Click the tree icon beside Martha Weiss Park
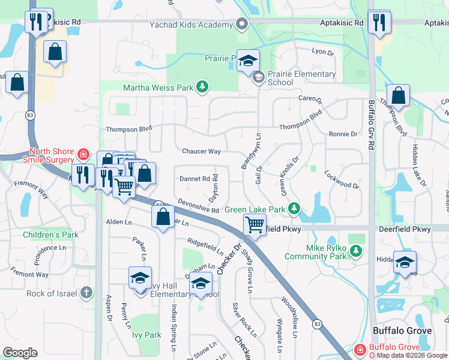click(202, 88)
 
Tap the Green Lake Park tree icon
click(294, 209)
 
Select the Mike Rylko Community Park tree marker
click(357, 250)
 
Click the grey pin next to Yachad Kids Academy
click(242, 25)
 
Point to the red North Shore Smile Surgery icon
click(82, 155)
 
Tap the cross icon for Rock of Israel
click(86, 293)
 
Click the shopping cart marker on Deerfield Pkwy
click(255, 226)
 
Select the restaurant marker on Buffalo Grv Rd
click(379, 22)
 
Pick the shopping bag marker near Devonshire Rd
click(163, 217)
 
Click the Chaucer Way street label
click(201, 151)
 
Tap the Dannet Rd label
click(194, 179)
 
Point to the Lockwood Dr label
click(342, 180)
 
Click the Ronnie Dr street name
click(343, 134)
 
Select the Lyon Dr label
click(322, 52)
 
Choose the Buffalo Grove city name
click(402, 331)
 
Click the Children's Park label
click(51, 235)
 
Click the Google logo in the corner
click(20, 353)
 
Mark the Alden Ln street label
click(118, 221)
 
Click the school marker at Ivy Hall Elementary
click(140, 278)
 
